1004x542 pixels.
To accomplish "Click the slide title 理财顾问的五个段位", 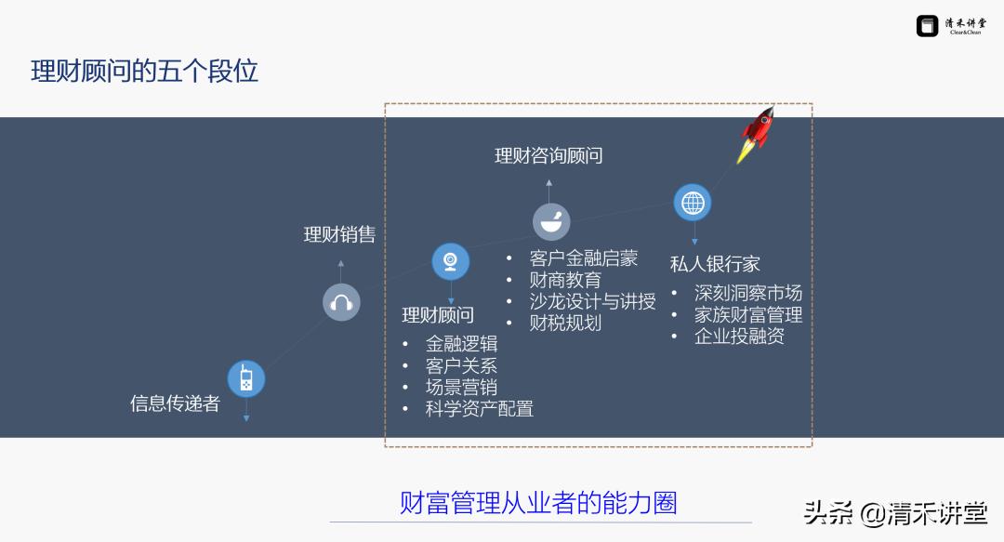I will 145,72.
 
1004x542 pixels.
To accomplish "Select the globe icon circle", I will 693,203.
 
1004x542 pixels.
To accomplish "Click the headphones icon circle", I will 341,302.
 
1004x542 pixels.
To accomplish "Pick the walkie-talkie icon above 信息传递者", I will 246,379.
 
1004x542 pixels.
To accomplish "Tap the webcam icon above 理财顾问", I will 451,261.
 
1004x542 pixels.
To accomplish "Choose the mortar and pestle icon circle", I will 551,221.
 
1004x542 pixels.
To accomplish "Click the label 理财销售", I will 339,234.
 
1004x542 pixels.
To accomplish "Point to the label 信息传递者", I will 176,403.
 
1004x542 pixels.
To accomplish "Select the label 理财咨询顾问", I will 548,155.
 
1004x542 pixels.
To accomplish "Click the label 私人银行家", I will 715,264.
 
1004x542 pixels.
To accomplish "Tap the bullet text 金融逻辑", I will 461,344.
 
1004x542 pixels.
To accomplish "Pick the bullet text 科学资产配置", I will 479,408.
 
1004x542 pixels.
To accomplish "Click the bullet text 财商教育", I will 565,280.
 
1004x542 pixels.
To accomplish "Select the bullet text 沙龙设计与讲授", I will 592,301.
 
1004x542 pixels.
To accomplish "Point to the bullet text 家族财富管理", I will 747,315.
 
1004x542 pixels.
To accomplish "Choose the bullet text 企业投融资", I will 739,337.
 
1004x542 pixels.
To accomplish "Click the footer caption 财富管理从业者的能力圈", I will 538,503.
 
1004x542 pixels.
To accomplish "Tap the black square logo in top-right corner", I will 927,26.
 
